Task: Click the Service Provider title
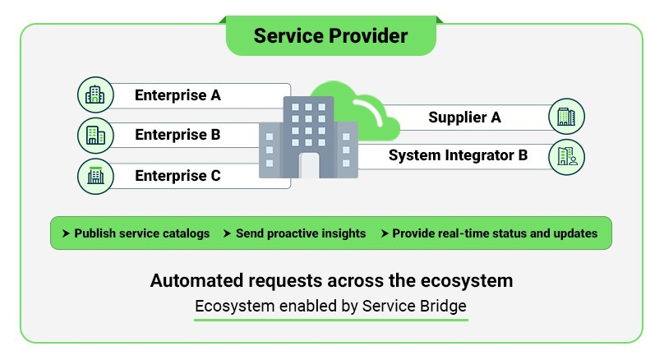click(330, 36)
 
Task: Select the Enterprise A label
click(178, 95)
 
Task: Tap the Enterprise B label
click(178, 135)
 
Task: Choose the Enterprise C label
click(178, 175)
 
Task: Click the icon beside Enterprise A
click(95, 95)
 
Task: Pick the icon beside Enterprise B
click(95, 135)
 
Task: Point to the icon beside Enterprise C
click(95, 175)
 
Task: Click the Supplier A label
click(464, 118)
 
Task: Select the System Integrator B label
click(458, 155)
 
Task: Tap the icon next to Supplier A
click(566, 117)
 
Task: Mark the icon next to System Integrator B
click(566, 156)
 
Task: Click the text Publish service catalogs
click(141, 233)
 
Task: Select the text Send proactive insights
click(300, 233)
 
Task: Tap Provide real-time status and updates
click(495, 233)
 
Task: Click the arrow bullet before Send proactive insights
click(228, 233)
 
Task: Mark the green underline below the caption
click(330, 319)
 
